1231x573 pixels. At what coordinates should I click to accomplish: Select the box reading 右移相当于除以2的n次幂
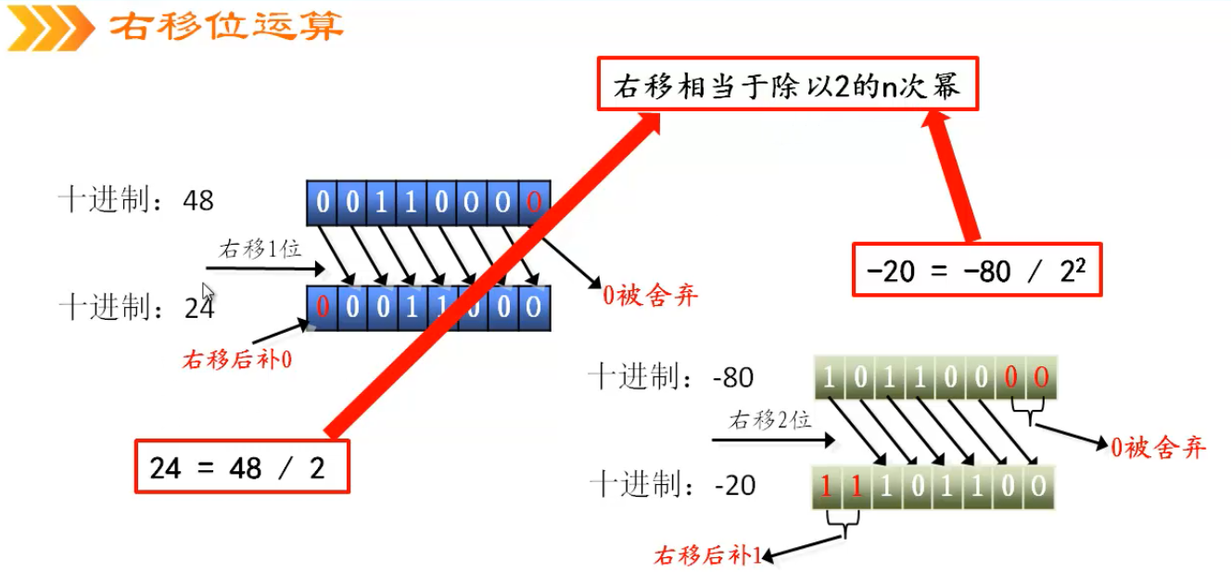[x=786, y=86]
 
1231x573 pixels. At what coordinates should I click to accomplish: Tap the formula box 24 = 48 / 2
[x=242, y=466]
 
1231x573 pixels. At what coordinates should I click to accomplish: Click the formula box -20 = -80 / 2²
[x=976, y=270]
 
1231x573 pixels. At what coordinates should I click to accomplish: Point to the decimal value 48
[x=198, y=199]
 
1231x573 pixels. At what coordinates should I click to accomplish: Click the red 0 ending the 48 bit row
[x=533, y=201]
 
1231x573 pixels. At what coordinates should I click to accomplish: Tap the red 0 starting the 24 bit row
[x=323, y=307]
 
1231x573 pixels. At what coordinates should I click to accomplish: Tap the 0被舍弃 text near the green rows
[x=1159, y=448]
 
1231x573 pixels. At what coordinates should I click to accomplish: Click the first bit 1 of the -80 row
[x=828, y=378]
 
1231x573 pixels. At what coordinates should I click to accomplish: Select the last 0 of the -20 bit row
[x=1039, y=485]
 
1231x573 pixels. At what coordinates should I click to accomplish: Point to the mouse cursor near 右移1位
[x=209, y=292]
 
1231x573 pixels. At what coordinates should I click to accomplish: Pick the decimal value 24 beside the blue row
[x=198, y=307]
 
